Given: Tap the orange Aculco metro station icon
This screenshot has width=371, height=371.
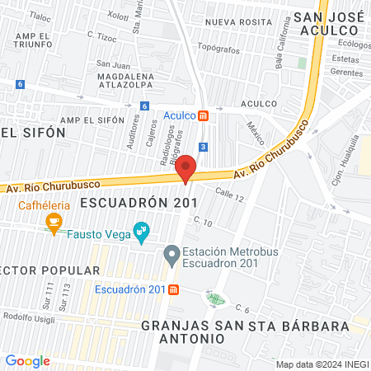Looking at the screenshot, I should pos(204,115).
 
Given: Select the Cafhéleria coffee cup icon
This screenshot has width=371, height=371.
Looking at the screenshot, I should pos(54,221).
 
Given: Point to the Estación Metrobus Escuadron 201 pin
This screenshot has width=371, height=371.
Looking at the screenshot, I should pos(171,256).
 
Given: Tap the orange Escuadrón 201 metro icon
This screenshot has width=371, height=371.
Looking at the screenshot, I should pos(173,289).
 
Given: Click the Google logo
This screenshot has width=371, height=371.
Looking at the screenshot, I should pos(28,360).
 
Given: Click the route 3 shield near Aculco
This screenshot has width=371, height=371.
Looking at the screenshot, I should pos(204,146).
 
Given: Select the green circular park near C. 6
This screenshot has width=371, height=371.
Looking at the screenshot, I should pos(215,298).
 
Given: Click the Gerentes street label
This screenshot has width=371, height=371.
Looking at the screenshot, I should pos(345,73).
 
